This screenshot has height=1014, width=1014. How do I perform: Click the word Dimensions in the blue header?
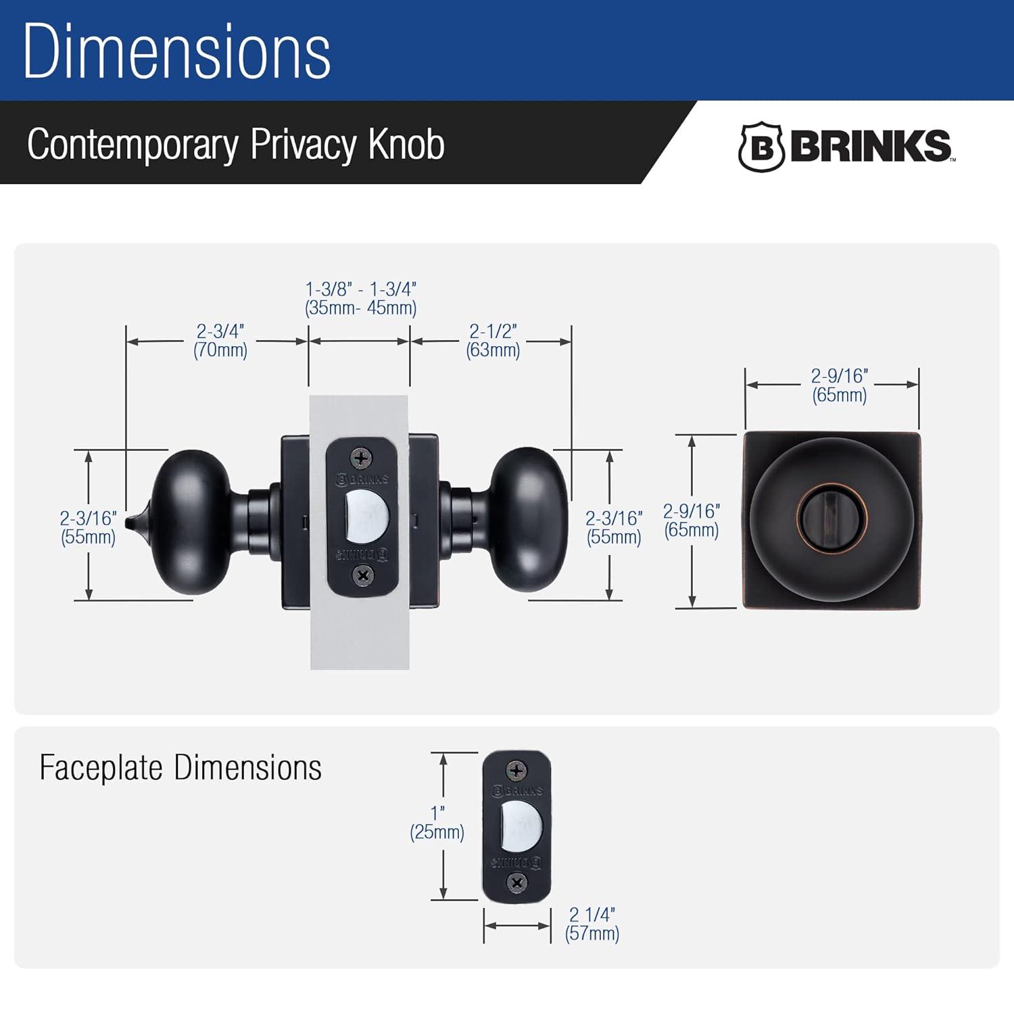[x=176, y=51]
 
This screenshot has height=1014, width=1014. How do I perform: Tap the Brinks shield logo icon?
[x=760, y=147]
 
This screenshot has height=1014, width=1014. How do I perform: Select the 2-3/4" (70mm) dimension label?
[x=220, y=341]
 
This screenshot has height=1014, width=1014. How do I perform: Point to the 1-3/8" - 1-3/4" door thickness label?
[x=361, y=298]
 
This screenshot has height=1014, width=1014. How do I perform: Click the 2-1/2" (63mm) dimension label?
[x=493, y=341]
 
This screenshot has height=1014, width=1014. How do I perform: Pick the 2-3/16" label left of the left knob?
[x=88, y=527]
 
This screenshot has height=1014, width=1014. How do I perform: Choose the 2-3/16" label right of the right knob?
[x=614, y=527]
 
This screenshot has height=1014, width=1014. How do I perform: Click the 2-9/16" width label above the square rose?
[x=840, y=385]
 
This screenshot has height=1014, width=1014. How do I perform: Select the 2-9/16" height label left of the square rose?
[x=691, y=520]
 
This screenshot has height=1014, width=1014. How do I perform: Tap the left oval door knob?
[x=192, y=523]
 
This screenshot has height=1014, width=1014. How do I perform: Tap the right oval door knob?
[x=529, y=519]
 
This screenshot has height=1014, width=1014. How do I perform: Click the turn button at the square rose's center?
[x=831, y=520]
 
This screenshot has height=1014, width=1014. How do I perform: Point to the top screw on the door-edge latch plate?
[x=361, y=458]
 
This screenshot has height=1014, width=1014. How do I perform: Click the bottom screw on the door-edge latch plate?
[x=363, y=575]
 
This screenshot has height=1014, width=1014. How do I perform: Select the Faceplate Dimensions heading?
[x=180, y=768]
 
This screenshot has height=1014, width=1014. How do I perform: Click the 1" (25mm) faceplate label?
[x=437, y=823]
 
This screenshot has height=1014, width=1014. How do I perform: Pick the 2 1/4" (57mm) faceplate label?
[x=592, y=924]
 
